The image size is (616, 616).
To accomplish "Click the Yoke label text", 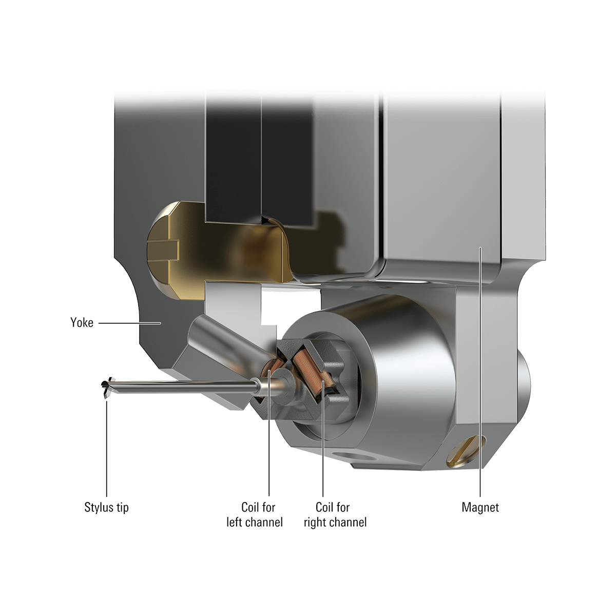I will tap(81, 323).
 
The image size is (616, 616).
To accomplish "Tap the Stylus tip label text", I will tap(106, 508).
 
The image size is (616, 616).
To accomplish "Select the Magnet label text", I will tap(480, 508).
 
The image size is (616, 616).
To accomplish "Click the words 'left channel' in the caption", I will tap(255, 523).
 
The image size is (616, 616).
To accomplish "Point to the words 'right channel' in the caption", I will tap(335, 523).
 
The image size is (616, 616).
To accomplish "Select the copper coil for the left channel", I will tap(268, 370).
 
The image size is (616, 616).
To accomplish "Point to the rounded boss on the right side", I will tap(528, 380).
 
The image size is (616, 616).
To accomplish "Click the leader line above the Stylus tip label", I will tap(106, 447).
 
